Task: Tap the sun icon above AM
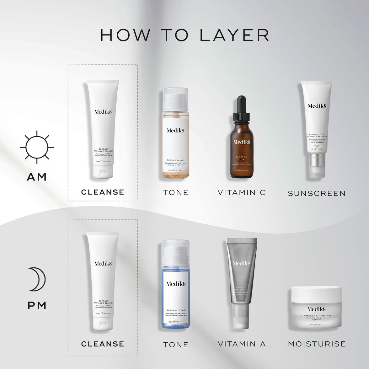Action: (x=37, y=147)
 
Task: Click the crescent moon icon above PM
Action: (x=37, y=279)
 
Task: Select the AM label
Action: (x=37, y=177)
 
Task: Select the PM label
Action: (x=37, y=305)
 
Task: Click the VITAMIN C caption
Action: (x=242, y=193)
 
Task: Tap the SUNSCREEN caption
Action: (x=317, y=194)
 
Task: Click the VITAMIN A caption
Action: (x=242, y=344)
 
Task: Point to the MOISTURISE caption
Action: (x=317, y=344)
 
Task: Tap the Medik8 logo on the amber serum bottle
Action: (x=242, y=142)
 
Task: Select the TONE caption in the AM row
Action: (x=176, y=193)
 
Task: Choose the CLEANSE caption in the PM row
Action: (x=103, y=344)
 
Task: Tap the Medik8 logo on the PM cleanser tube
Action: (x=103, y=264)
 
